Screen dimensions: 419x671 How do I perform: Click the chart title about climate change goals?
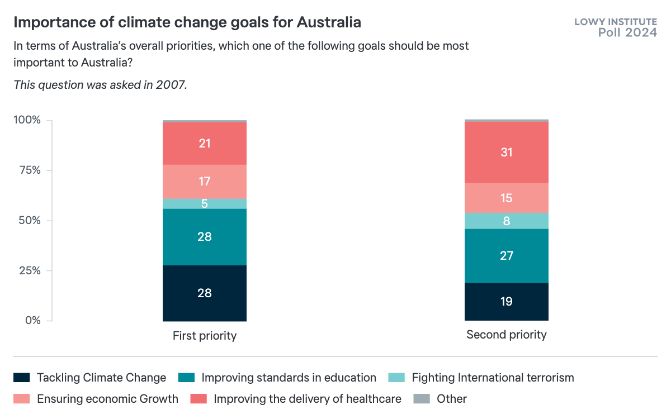187,23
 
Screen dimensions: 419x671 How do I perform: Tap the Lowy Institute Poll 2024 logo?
616,27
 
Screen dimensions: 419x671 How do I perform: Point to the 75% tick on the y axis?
27,170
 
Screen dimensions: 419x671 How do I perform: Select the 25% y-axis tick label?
27,270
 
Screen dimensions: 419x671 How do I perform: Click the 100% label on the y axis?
26,120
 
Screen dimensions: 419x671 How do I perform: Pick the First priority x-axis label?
205,336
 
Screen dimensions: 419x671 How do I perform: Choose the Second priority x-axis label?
507,335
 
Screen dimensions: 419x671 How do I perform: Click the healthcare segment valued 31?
507,153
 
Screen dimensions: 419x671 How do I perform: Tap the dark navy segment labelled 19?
507,302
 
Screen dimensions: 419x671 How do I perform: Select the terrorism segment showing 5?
205,204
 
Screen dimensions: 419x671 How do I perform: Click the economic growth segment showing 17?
205,182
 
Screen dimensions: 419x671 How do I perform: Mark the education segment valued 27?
507,256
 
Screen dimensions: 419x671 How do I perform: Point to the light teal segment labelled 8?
507,221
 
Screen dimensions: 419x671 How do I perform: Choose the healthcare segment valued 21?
205,144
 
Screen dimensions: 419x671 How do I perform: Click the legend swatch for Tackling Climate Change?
21,378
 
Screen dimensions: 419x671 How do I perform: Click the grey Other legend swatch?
420,399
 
